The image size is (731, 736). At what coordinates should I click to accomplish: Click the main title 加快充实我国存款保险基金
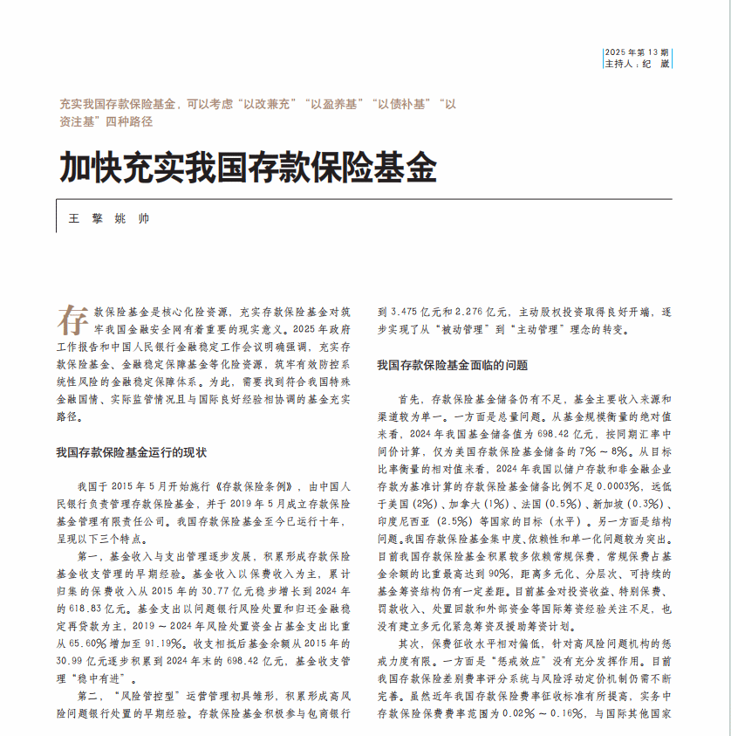[248, 167]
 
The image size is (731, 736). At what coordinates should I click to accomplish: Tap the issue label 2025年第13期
[636, 52]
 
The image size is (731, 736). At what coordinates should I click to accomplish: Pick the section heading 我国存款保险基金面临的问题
[452, 365]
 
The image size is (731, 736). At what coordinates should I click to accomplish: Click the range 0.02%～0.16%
[536, 713]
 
